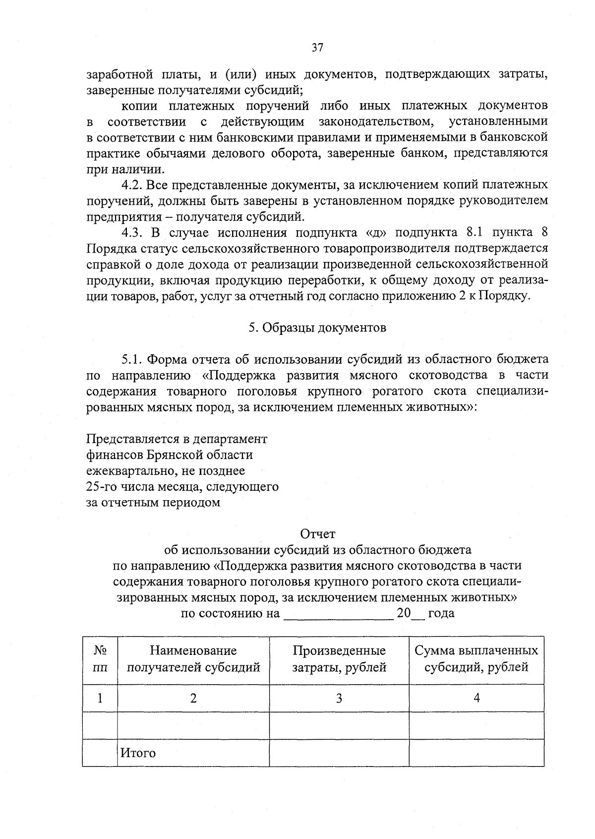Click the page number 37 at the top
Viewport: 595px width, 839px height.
[317, 48]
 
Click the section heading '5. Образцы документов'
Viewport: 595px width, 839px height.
[317, 328]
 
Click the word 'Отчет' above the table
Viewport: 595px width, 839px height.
[318, 534]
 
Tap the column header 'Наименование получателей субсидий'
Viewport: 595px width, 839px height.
[193, 659]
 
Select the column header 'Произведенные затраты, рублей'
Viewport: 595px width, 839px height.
[339, 659]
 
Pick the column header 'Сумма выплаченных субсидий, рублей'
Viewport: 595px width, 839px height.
[476, 659]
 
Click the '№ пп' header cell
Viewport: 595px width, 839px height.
[100, 659]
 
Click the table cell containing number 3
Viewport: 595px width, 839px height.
[339, 699]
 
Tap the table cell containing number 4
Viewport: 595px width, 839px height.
[476, 699]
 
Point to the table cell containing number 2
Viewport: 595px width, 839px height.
[193, 699]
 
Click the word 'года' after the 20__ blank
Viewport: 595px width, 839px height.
[441, 613]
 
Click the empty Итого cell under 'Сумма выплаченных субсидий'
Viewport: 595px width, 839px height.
[476, 753]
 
